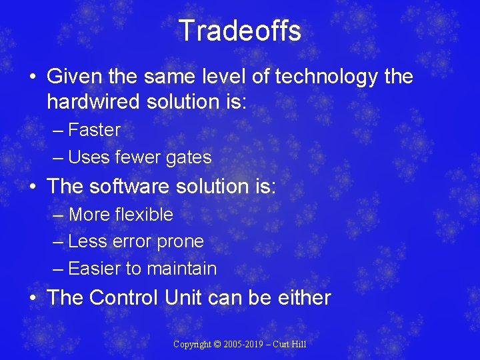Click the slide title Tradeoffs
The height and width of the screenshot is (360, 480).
tap(239, 31)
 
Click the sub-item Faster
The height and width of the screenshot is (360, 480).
tap(94, 130)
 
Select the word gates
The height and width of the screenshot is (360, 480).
tap(189, 157)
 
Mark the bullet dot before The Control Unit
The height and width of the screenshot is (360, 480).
tap(33, 298)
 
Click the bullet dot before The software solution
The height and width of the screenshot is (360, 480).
tap(33, 187)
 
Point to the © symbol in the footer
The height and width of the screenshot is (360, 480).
tap(216, 344)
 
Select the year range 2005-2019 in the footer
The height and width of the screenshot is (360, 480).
tap(243, 344)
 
